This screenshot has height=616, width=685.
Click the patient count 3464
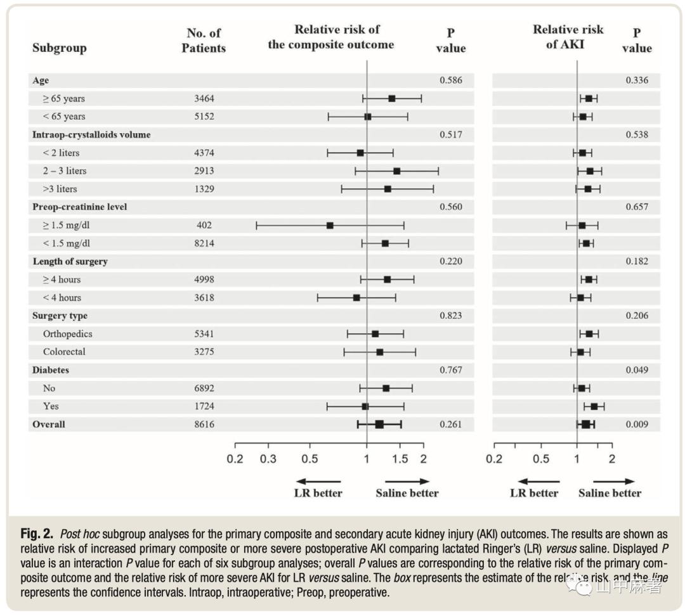click(x=204, y=99)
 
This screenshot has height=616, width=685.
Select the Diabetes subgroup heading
click(x=51, y=370)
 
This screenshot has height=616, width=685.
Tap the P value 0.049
click(x=637, y=370)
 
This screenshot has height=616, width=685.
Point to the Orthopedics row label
click(x=68, y=334)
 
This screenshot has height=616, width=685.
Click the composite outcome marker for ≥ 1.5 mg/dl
click(x=330, y=226)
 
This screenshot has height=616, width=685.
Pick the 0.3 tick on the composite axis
click(x=268, y=459)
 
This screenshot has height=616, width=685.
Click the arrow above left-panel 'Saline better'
click(x=407, y=482)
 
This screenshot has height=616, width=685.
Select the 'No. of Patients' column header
click(x=204, y=41)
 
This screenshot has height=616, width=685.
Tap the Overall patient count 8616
click(x=204, y=425)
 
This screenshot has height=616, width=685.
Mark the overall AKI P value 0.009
click(x=637, y=425)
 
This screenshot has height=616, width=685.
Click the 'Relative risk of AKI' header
click(x=568, y=37)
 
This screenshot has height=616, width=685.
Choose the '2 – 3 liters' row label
click(x=65, y=171)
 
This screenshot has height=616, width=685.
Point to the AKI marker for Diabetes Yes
click(x=594, y=406)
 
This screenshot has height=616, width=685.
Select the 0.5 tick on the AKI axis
click(x=541, y=459)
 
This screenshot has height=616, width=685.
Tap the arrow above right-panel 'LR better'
click(x=538, y=482)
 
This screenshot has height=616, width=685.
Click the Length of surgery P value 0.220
click(x=451, y=262)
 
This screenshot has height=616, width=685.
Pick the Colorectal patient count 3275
click(x=204, y=352)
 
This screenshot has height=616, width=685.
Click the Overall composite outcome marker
click(x=379, y=425)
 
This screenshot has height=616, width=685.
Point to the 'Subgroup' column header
click(x=59, y=48)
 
